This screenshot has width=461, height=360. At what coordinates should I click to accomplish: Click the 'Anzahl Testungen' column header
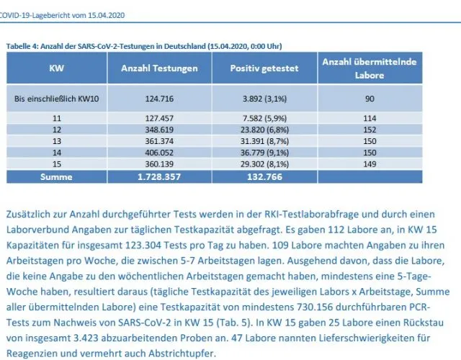[159, 68]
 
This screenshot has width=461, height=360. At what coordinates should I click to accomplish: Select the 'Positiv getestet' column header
[264, 68]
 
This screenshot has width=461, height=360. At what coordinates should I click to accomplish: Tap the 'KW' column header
[56, 68]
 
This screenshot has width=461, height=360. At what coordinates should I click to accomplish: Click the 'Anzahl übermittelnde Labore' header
[370, 68]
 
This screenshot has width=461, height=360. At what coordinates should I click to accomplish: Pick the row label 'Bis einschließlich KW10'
[56, 99]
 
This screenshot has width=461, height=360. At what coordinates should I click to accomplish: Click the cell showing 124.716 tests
[159, 99]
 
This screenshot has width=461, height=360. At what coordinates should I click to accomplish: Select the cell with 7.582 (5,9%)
[264, 118]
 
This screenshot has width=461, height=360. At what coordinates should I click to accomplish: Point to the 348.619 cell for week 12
[159, 130]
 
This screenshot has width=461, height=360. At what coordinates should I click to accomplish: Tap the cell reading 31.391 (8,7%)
[264, 141]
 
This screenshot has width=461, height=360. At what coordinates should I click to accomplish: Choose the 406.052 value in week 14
[159, 153]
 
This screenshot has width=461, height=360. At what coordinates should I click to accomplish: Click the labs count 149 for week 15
[370, 164]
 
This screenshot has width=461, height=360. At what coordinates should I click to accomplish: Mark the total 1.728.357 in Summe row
[159, 176]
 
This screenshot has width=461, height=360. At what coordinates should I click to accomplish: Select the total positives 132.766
[264, 176]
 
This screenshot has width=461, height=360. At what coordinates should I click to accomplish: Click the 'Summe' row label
[56, 176]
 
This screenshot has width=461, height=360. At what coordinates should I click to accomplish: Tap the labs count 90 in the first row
[370, 99]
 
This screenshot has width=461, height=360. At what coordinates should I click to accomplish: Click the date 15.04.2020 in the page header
[107, 15]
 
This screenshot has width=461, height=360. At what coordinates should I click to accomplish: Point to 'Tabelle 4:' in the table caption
[22, 46]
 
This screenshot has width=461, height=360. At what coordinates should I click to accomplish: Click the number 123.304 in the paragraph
[143, 245]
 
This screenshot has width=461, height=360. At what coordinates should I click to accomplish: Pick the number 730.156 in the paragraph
[315, 307]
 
